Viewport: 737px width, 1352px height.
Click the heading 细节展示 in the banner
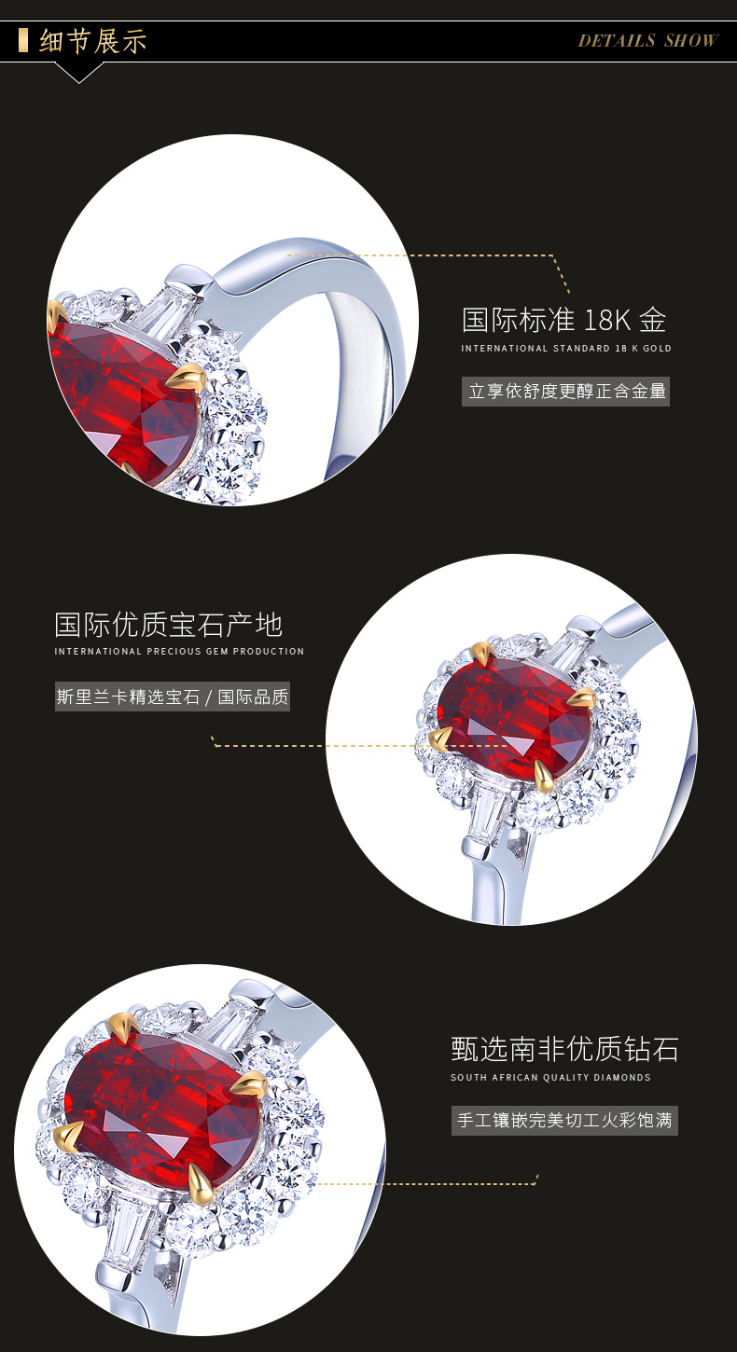[93, 41]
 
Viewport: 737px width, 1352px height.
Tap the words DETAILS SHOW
[648, 40]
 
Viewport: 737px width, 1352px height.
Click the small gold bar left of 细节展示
[23, 40]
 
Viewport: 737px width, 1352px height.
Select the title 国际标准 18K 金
[564, 319]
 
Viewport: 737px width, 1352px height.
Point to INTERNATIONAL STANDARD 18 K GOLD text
[566, 349]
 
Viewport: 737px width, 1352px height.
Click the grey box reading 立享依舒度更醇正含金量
[565, 391]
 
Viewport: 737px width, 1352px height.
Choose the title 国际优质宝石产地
[169, 625]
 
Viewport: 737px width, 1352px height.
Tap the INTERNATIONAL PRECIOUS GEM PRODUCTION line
[179, 651]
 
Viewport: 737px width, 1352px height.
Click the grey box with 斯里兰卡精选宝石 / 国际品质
[173, 697]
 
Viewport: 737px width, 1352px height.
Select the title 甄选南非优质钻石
[564, 1049]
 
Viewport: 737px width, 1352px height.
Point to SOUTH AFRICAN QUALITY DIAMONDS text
[550, 1077]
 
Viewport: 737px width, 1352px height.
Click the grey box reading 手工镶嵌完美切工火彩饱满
[564, 1120]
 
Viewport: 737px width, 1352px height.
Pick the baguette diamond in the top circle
[169, 314]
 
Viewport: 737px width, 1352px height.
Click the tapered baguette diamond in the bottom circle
[130, 1229]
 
